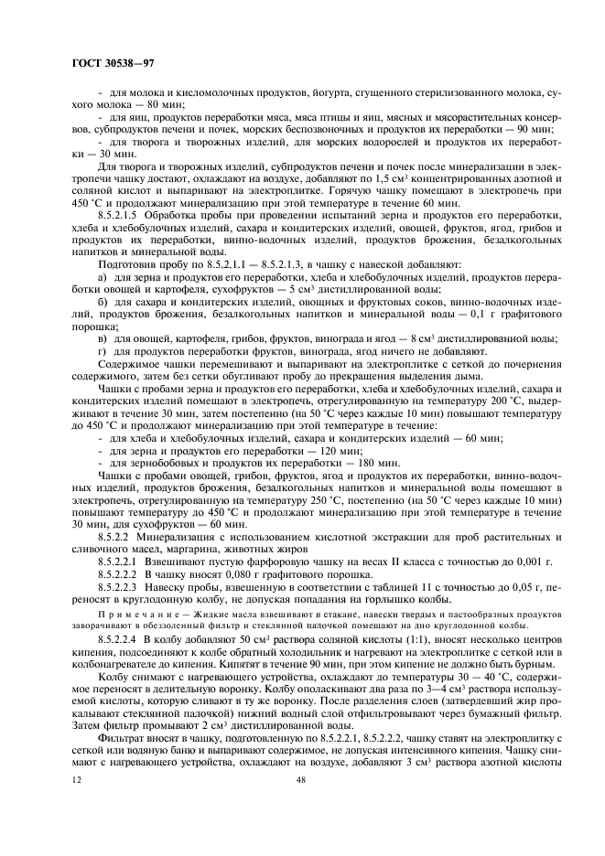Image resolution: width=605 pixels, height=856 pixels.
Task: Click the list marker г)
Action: [x=103, y=349]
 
